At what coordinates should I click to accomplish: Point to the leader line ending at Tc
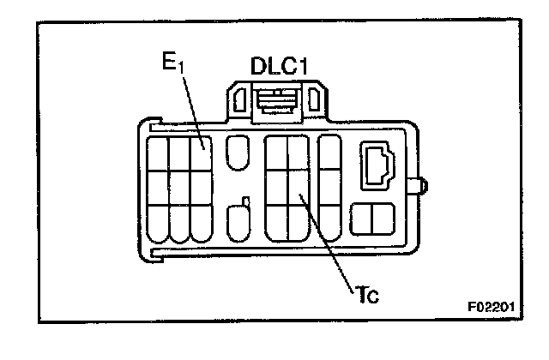[x=330, y=249]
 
